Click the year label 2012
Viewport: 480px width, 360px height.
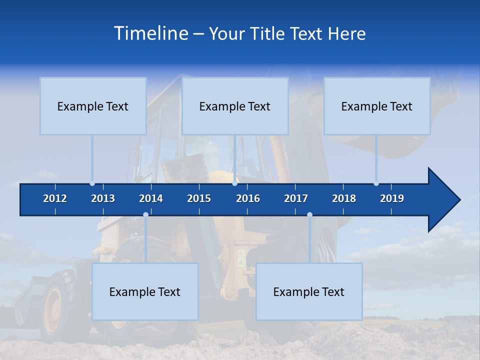tap(55, 198)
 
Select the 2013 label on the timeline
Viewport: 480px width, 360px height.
tap(103, 198)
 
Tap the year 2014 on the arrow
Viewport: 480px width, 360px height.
tap(151, 198)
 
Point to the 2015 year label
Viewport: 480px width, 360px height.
tap(199, 198)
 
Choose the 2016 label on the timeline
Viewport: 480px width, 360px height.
tap(248, 198)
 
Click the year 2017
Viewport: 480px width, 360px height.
tap(296, 198)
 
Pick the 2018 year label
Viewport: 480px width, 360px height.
tap(344, 198)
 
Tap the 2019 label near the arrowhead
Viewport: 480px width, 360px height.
tap(392, 198)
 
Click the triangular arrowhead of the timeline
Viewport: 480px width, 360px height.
tap(443, 199)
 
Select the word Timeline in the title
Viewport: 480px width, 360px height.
tap(150, 33)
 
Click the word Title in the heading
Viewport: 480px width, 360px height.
tap(268, 33)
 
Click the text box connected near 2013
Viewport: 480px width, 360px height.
tap(93, 106)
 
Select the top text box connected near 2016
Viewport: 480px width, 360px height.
tap(235, 106)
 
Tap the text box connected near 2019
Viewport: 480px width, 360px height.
tap(377, 106)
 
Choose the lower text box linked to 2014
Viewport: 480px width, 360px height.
tap(145, 291)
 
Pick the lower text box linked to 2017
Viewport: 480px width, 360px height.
tap(309, 291)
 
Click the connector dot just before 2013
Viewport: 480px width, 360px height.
tap(92, 183)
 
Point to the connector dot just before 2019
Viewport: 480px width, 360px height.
tap(376, 183)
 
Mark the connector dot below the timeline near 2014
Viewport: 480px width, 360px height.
tap(145, 215)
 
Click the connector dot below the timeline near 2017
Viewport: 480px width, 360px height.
tap(309, 215)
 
